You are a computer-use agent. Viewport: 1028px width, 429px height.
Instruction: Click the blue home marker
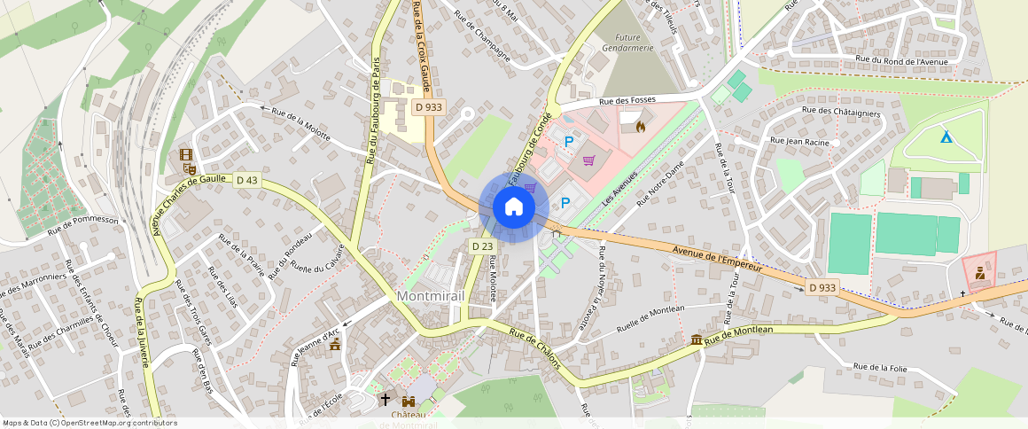click(513, 207)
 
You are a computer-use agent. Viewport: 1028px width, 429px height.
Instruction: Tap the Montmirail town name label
click(432, 295)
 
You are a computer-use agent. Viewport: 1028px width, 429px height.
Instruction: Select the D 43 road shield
click(247, 180)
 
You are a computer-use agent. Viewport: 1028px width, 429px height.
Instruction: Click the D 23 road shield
click(481, 246)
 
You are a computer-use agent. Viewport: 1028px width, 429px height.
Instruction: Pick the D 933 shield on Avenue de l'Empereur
click(822, 287)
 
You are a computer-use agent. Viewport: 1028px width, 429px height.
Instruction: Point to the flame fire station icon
click(641, 126)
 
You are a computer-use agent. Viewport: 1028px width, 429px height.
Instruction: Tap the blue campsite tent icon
click(946, 137)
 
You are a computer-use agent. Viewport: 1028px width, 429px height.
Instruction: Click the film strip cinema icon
click(186, 154)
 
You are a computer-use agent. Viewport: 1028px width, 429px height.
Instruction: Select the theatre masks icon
click(189, 167)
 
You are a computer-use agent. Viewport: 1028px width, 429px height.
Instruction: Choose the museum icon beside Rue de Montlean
click(697, 340)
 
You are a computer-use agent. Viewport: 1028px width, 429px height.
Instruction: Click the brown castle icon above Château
click(408, 401)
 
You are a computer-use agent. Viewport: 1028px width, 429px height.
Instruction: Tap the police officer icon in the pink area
click(979, 273)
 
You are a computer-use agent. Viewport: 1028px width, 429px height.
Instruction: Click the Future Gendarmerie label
click(628, 43)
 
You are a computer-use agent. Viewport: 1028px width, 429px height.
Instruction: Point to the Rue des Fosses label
click(627, 101)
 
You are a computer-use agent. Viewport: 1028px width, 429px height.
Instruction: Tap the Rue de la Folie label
click(880, 367)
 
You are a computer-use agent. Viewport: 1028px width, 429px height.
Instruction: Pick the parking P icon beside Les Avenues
click(565, 203)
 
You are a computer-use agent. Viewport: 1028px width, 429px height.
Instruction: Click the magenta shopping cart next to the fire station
click(588, 160)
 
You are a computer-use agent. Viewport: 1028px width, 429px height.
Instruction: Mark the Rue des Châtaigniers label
click(841, 112)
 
